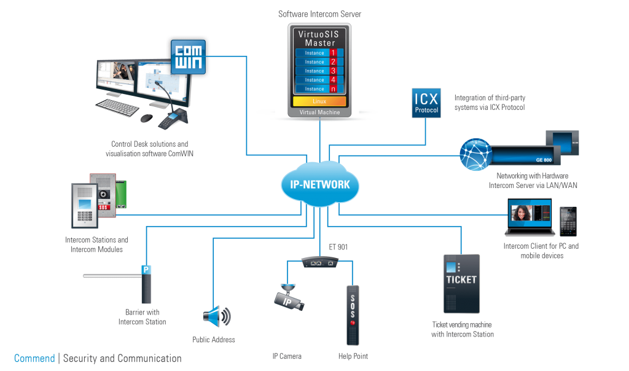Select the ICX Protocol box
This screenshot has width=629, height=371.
[426, 103]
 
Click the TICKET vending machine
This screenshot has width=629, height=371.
[461, 283]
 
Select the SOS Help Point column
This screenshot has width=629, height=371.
[353, 314]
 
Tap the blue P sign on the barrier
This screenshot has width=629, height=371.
[146, 269]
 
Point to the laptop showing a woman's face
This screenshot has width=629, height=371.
[529, 217]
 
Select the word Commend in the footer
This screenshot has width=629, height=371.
[34, 359]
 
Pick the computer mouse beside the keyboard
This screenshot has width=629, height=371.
[146, 117]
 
